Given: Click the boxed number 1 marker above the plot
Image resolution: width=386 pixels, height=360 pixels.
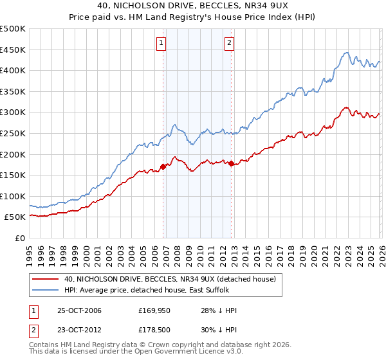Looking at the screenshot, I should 160,44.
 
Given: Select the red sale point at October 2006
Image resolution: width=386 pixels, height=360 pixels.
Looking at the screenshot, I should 163,166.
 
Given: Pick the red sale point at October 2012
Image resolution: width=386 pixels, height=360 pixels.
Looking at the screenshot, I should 231,163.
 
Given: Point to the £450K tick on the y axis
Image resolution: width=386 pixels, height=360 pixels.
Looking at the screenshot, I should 13,50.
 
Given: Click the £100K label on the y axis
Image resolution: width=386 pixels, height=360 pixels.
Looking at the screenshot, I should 13,196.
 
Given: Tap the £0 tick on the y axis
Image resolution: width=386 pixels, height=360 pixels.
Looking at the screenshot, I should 19,238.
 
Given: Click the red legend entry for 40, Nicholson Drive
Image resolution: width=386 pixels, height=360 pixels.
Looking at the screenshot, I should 170,278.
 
